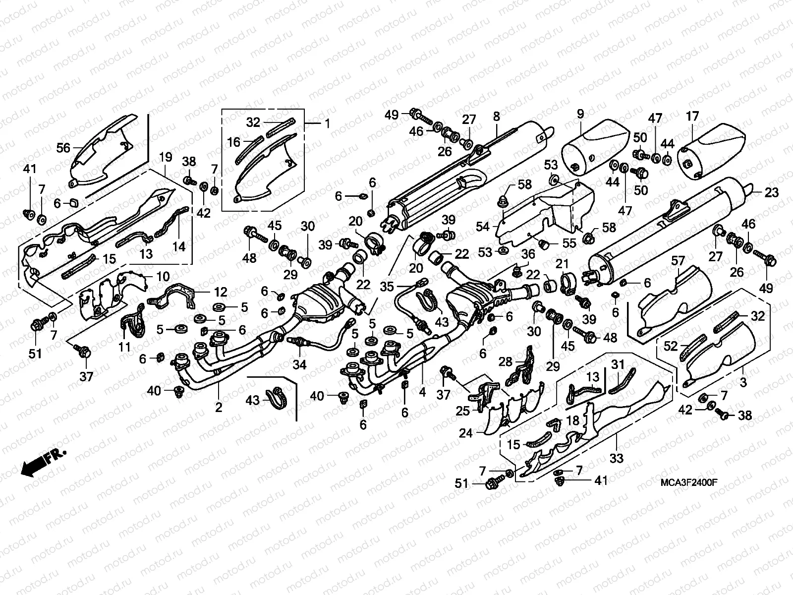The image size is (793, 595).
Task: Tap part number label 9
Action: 580,115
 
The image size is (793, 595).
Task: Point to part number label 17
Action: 692,117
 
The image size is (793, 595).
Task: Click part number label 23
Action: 772,193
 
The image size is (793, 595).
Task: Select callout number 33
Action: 616,459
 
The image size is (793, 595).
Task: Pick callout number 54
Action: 482,227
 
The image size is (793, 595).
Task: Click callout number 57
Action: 678,261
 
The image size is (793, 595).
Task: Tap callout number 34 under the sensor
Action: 299,365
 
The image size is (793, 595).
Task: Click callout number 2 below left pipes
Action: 219,408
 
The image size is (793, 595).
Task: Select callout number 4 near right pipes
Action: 422,392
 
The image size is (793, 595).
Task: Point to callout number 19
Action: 166,157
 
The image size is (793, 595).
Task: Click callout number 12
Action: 220,292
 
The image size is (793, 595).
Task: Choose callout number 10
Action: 163,276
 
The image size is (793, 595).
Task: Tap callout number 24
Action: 466,433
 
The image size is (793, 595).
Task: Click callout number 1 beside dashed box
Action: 327,122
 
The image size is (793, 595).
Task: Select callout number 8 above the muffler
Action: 496,118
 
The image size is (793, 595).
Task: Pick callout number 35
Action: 387,286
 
